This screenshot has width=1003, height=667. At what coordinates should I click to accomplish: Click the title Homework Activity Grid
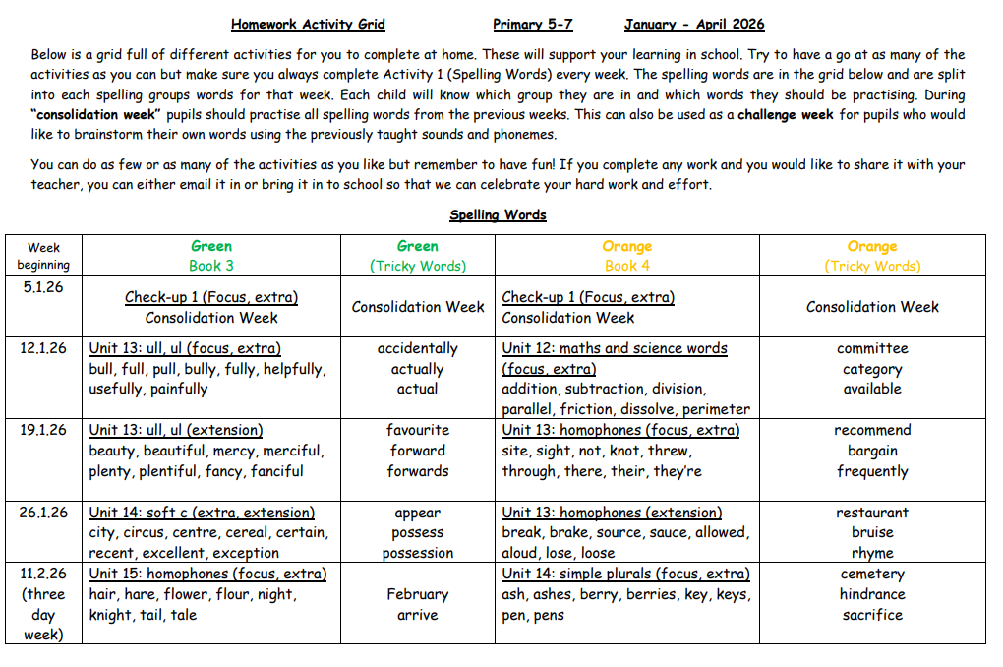(308, 25)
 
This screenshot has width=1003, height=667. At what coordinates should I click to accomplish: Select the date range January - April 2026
(693, 25)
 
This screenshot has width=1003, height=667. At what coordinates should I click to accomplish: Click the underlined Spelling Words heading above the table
(498, 214)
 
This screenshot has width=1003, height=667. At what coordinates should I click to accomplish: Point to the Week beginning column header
(43, 256)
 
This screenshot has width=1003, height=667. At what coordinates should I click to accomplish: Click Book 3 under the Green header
(211, 266)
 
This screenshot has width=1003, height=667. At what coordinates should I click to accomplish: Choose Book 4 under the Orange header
(626, 266)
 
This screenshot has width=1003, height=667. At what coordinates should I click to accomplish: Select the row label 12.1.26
(43, 348)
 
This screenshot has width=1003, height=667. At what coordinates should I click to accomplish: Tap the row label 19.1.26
(43, 430)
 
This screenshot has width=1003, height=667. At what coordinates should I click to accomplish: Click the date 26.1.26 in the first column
(43, 512)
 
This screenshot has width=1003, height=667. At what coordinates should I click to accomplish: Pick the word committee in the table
(871, 348)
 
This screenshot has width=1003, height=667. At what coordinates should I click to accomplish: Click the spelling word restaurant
(871, 513)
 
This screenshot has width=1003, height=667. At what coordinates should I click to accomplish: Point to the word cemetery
(871, 574)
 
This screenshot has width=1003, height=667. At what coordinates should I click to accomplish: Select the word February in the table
(417, 594)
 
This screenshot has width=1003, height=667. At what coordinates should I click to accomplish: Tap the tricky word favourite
(417, 430)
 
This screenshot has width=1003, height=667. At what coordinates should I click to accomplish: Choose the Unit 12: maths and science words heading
(615, 348)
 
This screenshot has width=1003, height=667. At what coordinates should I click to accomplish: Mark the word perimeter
(716, 409)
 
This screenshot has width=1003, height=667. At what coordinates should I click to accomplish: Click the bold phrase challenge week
(785, 115)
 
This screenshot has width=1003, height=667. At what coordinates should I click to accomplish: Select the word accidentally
(417, 348)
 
